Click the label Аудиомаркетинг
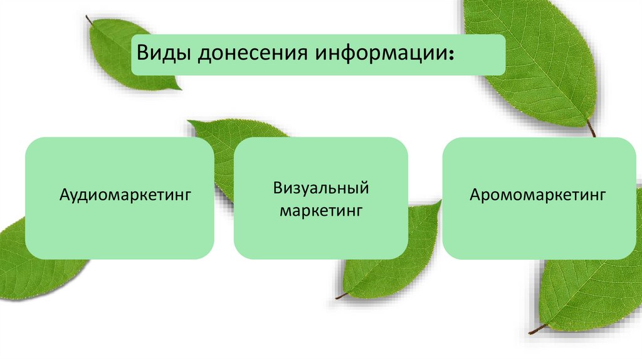(x=125, y=195)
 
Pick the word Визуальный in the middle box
(x=320, y=188)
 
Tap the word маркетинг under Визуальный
(x=320, y=210)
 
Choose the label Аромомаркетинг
(x=538, y=195)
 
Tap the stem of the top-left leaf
(x=89, y=19)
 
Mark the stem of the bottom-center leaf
(x=342, y=295)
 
